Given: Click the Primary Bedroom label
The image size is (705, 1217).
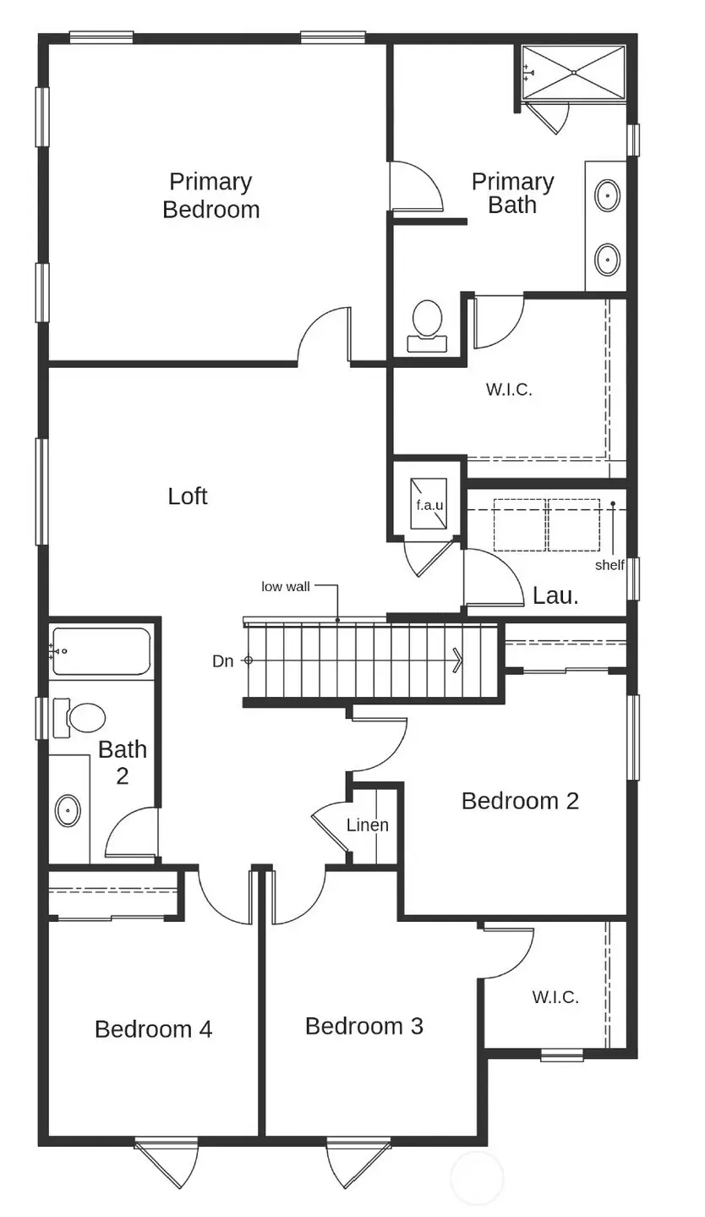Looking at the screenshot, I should [210, 195].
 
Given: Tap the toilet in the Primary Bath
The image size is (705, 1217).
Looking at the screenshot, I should [427, 325].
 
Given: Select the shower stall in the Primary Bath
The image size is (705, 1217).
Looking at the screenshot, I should [573, 73].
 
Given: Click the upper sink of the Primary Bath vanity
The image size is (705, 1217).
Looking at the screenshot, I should [607, 196].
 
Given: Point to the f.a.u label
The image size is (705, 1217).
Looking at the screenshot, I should [429, 505].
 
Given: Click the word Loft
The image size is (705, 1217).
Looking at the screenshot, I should [188, 496].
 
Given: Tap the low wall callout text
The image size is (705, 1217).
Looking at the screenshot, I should [285, 586].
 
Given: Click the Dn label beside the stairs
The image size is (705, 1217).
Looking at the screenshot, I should [222, 661].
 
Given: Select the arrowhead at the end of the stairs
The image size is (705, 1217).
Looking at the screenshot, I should [458, 660].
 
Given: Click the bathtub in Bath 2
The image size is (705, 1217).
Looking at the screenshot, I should [101, 651].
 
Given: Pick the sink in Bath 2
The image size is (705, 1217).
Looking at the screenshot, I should [68, 810].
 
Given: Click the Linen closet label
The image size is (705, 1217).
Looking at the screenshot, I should [368, 825].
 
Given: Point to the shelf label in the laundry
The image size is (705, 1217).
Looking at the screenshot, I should [609, 564].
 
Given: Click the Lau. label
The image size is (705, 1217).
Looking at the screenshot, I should [555, 595].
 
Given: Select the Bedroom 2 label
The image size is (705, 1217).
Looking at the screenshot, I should [520, 801].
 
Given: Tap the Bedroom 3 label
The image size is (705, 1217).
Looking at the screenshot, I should [363, 1026].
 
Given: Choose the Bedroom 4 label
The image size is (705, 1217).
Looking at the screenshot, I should [153, 1029].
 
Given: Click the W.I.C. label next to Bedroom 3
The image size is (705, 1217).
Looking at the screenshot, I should [555, 997].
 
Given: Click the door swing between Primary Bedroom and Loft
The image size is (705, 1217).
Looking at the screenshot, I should [324, 336].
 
